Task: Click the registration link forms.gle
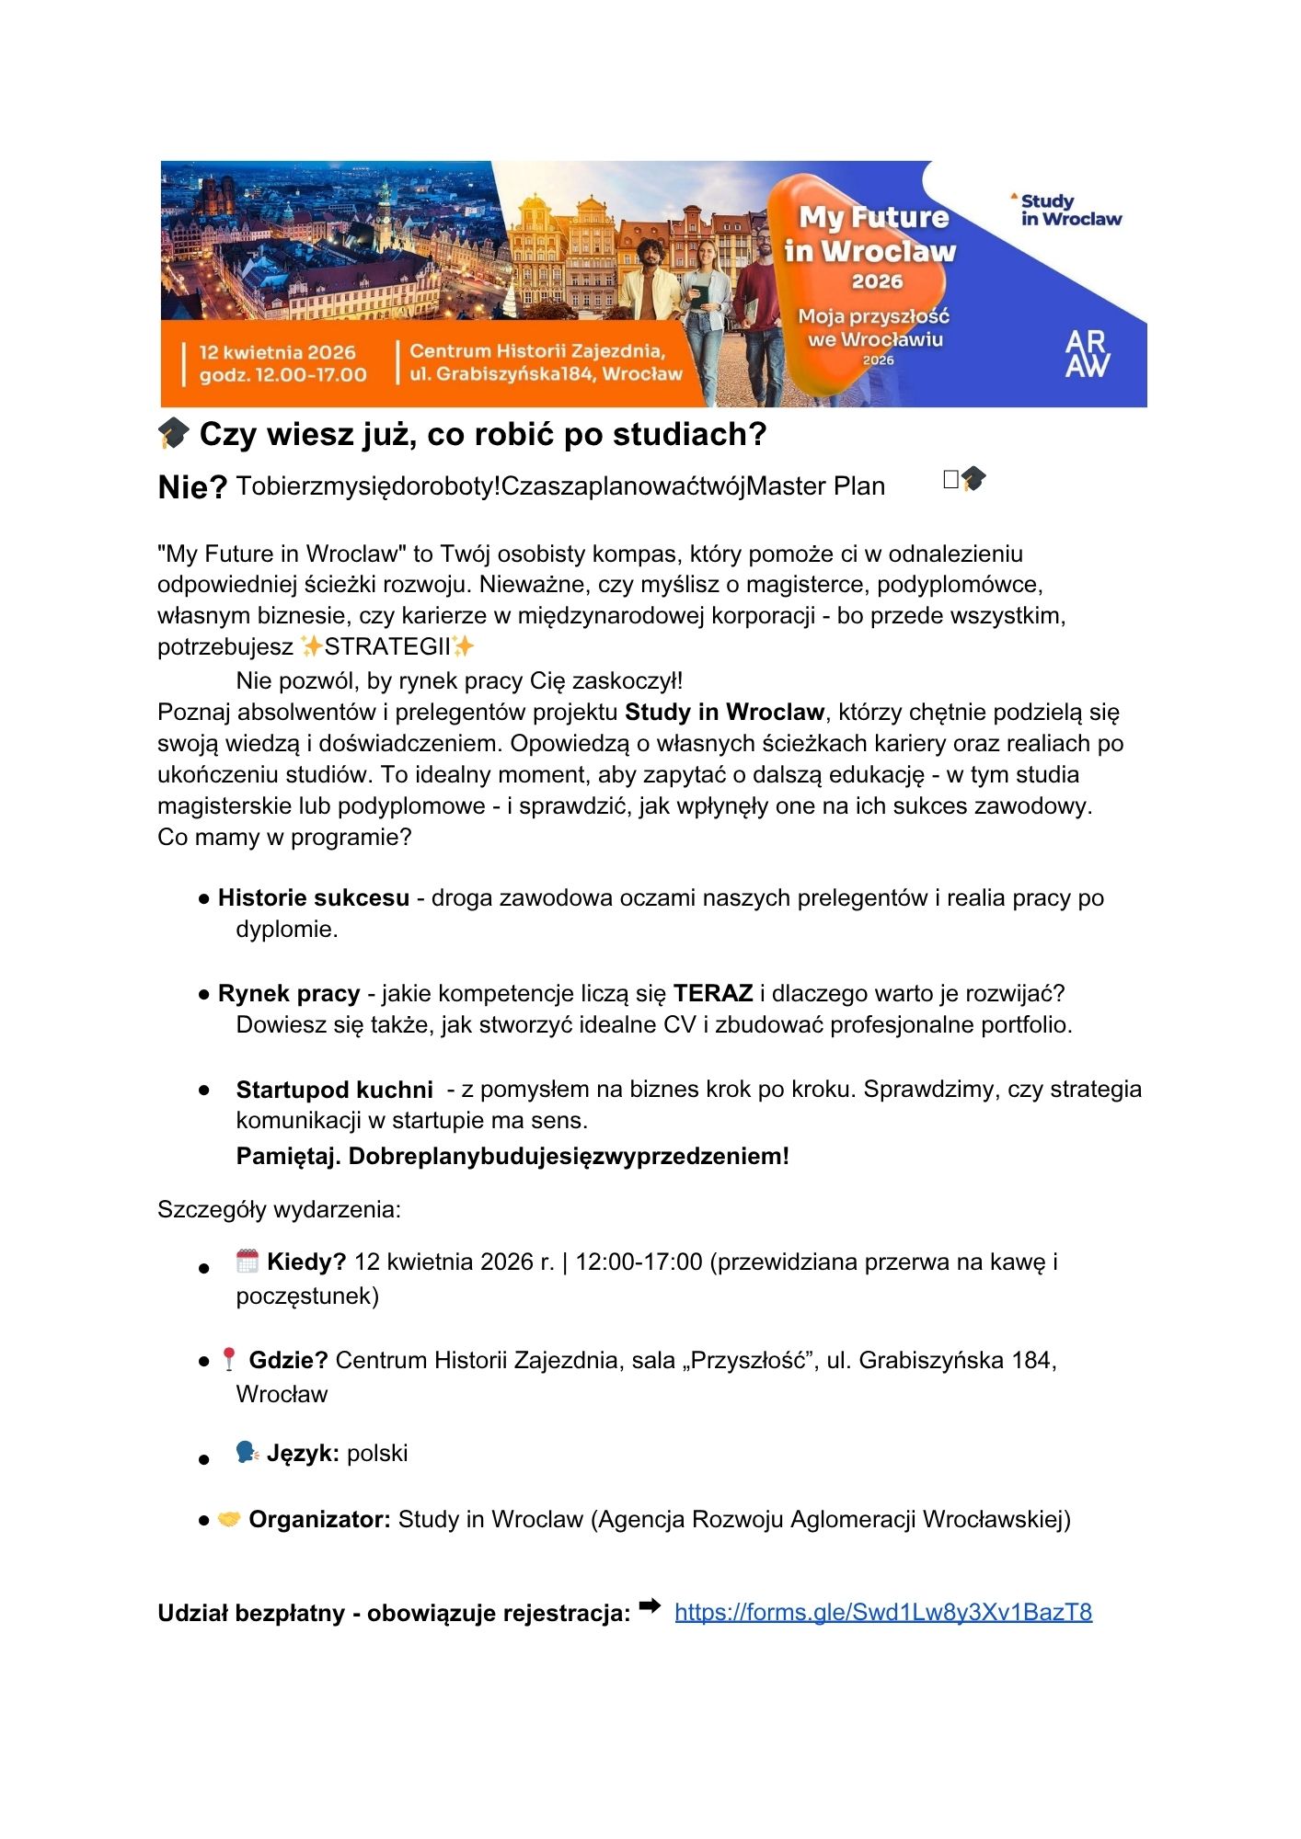882,1612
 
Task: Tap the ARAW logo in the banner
1087,354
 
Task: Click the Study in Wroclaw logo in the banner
1068,210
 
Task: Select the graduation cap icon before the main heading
173,433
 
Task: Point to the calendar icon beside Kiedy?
247,1261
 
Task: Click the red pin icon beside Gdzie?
229,1359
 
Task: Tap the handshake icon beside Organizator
228,1519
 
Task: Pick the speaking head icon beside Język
247,1453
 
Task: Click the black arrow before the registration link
650,1606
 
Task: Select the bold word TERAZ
713,993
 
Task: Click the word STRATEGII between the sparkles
387,646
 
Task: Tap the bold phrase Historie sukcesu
313,897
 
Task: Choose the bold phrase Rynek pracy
289,993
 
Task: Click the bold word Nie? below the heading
192,487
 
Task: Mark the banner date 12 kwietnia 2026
277,352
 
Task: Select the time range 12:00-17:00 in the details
639,1262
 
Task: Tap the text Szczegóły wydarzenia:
279,1209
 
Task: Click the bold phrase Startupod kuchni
334,1090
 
